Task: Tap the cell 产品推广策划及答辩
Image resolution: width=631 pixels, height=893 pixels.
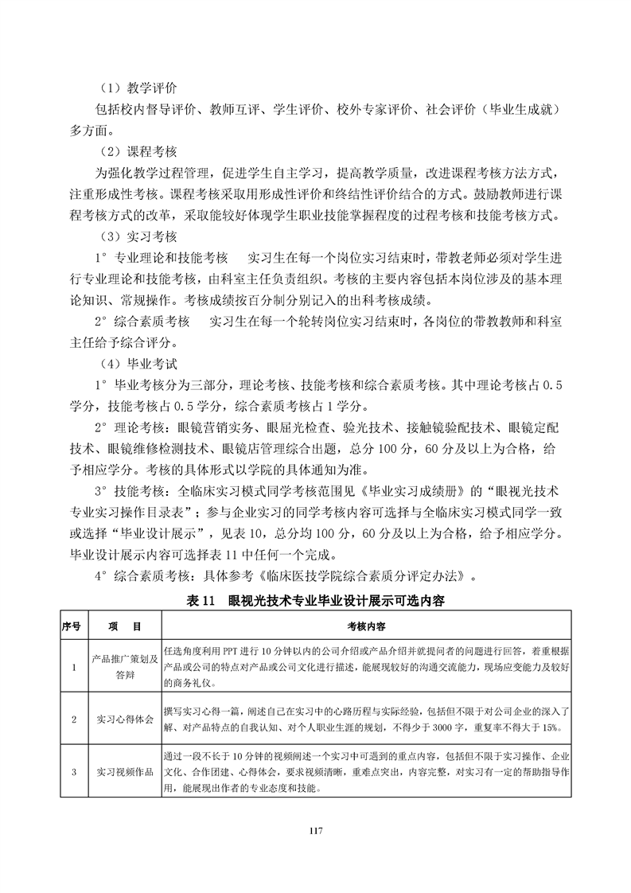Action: click(119, 666)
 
